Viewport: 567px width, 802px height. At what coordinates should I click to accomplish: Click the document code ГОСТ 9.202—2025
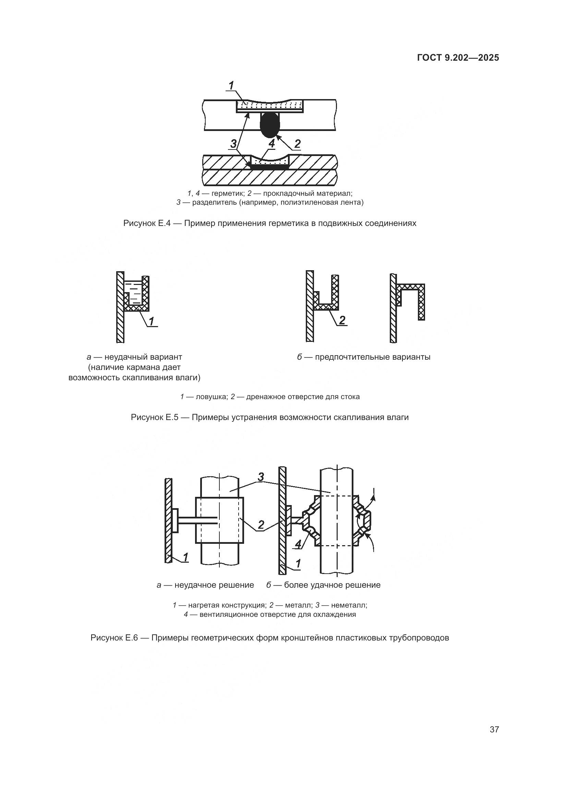(x=458, y=58)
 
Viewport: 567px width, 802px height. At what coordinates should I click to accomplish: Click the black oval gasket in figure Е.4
(x=270, y=125)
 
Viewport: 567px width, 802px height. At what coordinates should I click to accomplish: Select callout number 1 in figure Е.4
(x=231, y=85)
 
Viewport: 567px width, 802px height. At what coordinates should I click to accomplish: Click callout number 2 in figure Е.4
(x=297, y=144)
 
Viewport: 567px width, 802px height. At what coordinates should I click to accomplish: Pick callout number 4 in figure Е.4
(x=272, y=143)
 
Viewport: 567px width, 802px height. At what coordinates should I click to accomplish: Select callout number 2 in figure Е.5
(x=342, y=320)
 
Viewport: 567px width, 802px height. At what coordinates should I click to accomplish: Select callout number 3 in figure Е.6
(x=261, y=477)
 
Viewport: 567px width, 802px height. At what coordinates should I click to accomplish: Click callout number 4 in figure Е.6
(x=298, y=544)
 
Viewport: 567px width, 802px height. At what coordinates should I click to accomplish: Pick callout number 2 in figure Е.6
(x=261, y=525)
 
